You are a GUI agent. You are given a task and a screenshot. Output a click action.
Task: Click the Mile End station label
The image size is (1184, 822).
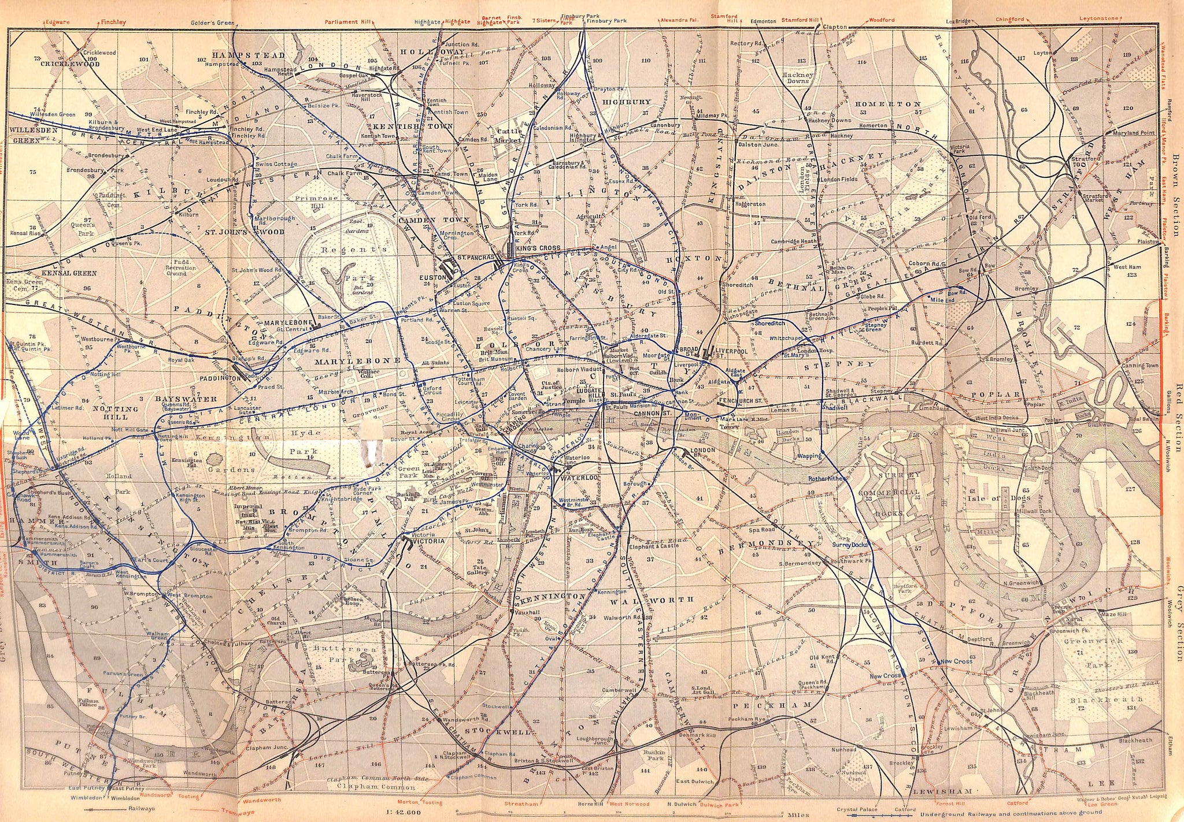coord(936,300)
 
